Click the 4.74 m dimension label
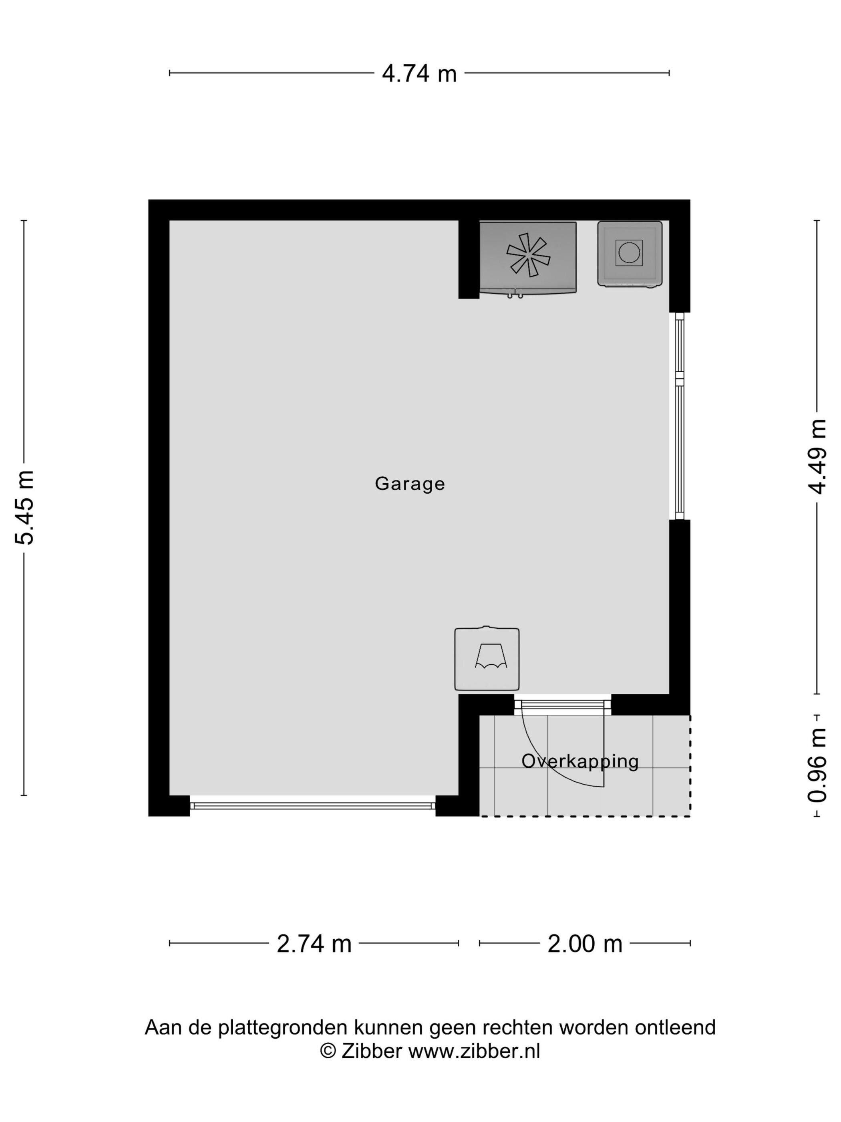click(419, 74)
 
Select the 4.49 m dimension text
click(817, 456)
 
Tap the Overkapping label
click(580, 761)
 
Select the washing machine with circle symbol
click(630, 254)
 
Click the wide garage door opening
click(312, 805)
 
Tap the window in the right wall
click(679, 416)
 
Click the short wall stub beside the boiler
click(469, 259)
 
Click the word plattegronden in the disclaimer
click(282, 1028)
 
